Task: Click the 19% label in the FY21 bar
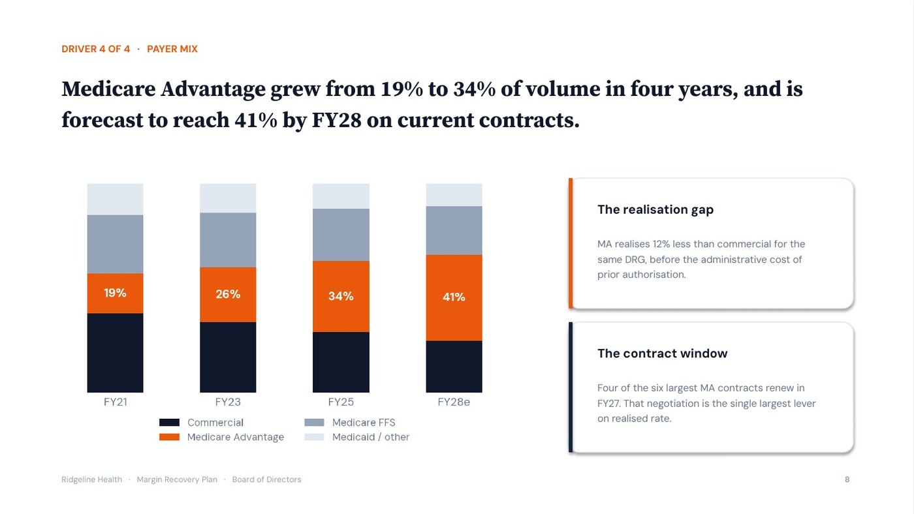(115, 293)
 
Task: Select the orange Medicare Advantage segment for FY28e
(454, 297)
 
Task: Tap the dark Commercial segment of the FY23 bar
(228, 357)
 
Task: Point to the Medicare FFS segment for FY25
(341, 235)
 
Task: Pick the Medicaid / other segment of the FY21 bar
(115, 200)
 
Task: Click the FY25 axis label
(341, 402)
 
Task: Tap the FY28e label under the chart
(454, 402)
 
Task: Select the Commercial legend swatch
(169, 422)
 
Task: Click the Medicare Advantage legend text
(236, 437)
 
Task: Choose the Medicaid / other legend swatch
(314, 437)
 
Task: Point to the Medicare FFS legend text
(364, 422)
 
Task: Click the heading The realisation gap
(655, 209)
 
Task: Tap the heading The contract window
(662, 353)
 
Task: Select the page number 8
(847, 479)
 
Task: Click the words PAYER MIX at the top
(172, 49)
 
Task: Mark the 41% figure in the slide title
(255, 120)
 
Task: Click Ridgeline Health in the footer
(91, 479)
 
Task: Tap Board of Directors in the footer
(266, 479)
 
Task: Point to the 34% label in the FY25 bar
(341, 296)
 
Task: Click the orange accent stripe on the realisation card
(571, 243)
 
